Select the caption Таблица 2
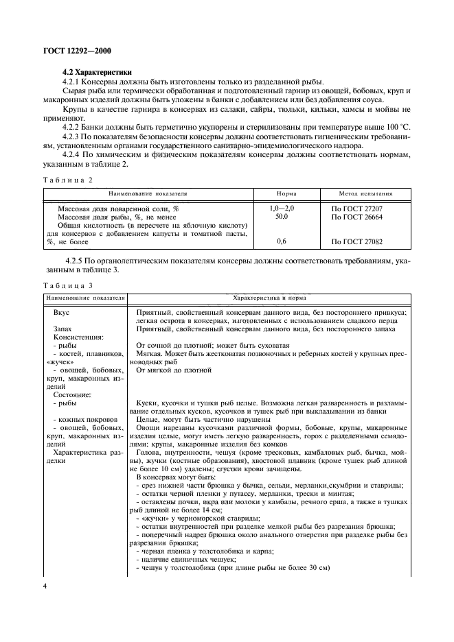[x=67, y=179]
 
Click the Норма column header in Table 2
[x=286, y=194]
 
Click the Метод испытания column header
[x=366, y=194]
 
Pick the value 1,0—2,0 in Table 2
[x=282, y=207]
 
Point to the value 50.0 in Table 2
[x=282, y=216]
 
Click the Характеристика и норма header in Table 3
[x=269, y=298]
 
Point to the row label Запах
[x=64, y=329]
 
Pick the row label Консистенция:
[x=78, y=337]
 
